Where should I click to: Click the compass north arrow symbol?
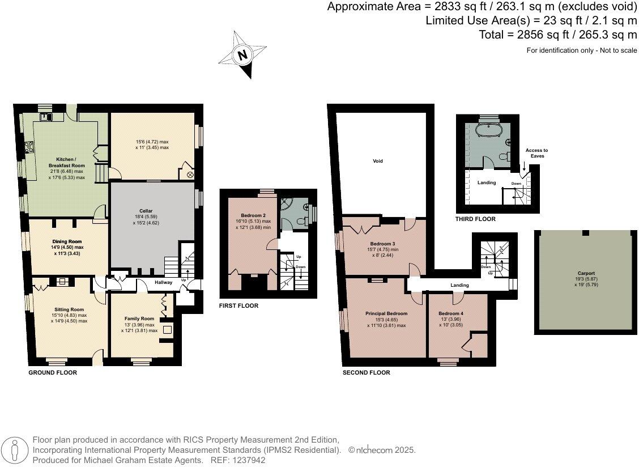(243, 56)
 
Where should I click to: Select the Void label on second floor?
(378, 161)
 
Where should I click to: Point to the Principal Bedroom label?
(386, 313)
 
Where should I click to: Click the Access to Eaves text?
(536, 152)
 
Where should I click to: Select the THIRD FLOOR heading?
(475, 219)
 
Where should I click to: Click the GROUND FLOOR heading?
(53, 373)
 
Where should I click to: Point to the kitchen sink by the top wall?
(46, 117)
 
